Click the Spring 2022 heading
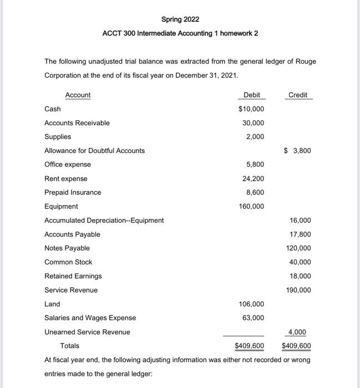click(x=180, y=19)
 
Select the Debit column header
click(x=251, y=95)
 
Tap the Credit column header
click(x=298, y=95)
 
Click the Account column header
click(x=78, y=95)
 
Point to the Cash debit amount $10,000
click(x=251, y=109)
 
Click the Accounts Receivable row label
click(x=77, y=123)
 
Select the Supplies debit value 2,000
click(x=255, y=137)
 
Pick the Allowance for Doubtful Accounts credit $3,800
click(x=297, y=151)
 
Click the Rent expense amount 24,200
click(x=253, y=178)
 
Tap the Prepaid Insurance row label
click(x=73, y=192)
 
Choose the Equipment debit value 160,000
click(x=251, y=207)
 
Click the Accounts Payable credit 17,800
click(x=300, y=234)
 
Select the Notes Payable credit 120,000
click(x=298, y=248)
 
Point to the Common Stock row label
click(x=68, y=262)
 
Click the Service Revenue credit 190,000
click(x=298, y=290)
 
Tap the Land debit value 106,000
click(x=251, y=304)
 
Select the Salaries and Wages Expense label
click(x=90, y=318)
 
